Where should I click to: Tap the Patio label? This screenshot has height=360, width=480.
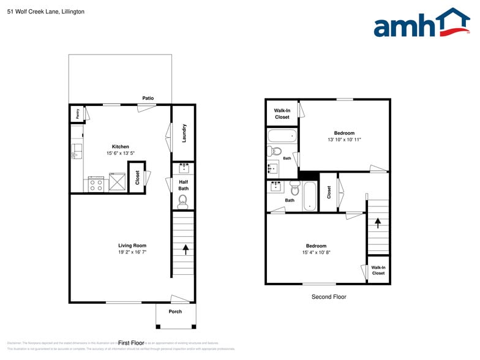pyautogui.click(x=148, y=98)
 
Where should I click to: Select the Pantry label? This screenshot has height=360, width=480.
pyautogui.click(x=78, y=113)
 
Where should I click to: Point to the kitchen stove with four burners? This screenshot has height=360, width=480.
pyautogui.click(x=96, y=184)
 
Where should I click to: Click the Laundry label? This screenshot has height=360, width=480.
pyautogui.click(x=184, y=133)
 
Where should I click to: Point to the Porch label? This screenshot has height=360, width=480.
pyautogui.click(x=175, y=312)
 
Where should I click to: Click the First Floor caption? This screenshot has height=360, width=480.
pyautogui.click(x=131, y=343)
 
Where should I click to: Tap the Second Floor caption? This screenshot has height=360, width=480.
pyautogui.click(x=329, y=297)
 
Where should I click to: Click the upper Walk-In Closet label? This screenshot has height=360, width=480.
pyautogui.click(x=282, y=113)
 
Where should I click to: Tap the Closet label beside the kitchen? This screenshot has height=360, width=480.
pyautogui.click(x=137, y=178)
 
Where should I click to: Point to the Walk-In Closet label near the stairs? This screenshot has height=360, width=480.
pyautogui.click(x=378, y=270)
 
